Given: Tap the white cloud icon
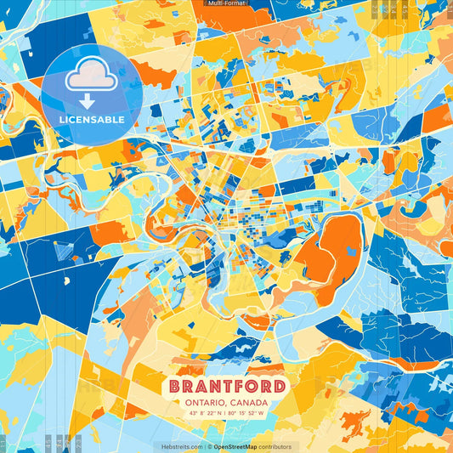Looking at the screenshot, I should [90, 76].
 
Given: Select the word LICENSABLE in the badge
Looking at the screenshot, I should [90, 119].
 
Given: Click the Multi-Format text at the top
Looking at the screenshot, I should [226, 3].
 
